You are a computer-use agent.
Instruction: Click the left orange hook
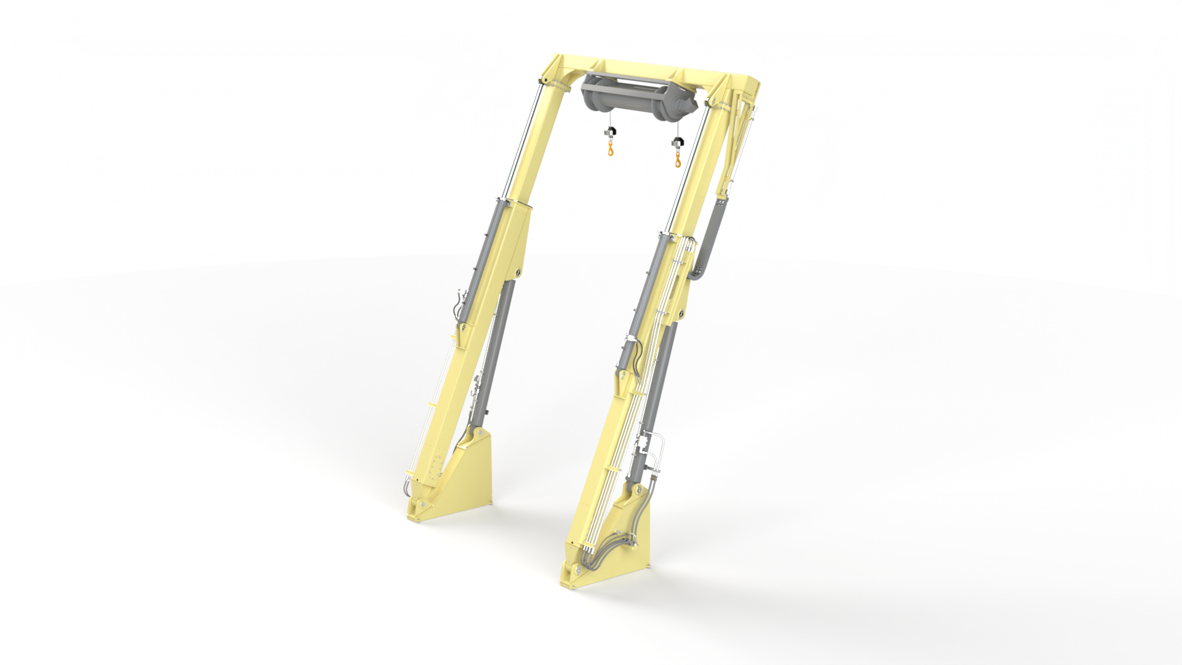610,150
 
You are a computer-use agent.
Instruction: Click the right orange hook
678,159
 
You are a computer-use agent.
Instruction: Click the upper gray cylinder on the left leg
484,252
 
